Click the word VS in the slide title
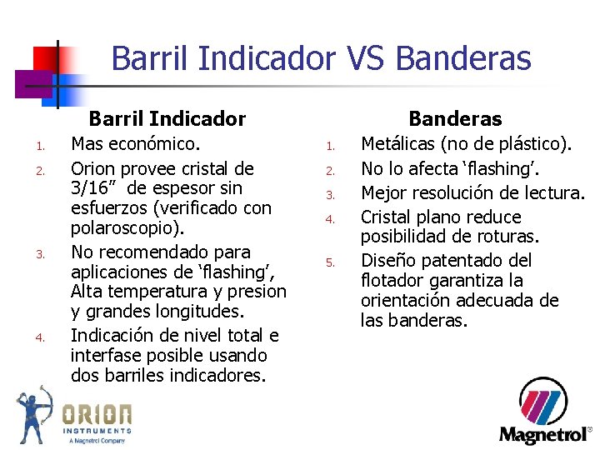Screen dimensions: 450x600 [x=364, y=58]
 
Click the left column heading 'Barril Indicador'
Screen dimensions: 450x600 [x=167, y=119]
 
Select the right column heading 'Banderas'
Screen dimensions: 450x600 [x=454, y=119]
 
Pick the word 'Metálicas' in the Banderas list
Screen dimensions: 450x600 [x=397, y=144]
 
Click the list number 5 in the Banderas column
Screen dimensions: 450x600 [x=330, y=262]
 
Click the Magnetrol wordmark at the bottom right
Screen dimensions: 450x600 [x=543, y=435]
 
